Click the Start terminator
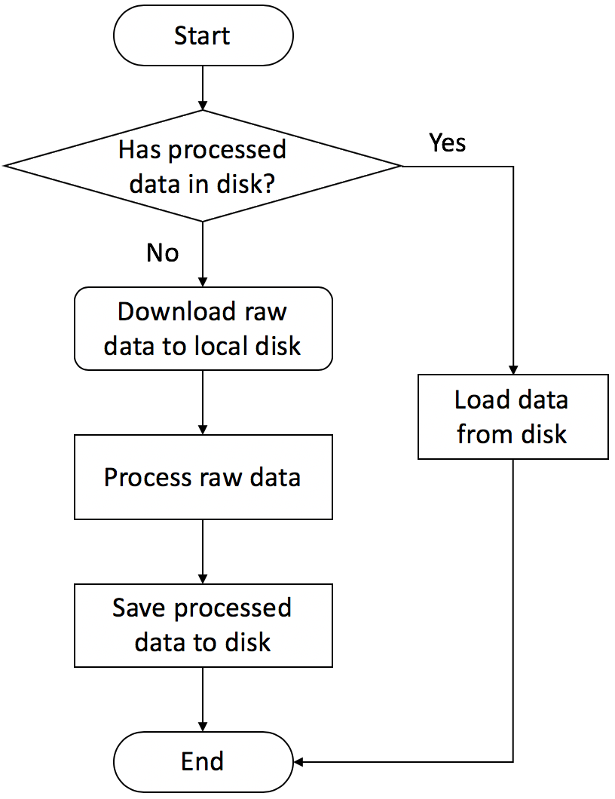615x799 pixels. coord(203,35)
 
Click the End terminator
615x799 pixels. coord(203,761)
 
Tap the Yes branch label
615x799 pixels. coord(447,142)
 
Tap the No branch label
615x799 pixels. coord(162,253)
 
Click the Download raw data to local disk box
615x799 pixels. coord(203,329)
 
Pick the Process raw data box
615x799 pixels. coord(203,477)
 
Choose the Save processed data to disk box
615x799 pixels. coord(203,625)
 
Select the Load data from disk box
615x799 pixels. coord(512,417)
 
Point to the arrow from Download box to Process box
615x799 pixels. coord(203,403)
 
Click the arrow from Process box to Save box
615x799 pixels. coord(203,551)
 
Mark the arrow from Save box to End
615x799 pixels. coord(203,700)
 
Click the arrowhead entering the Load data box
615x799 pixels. coord(513,369)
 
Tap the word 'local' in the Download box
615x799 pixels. coord(211,346)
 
